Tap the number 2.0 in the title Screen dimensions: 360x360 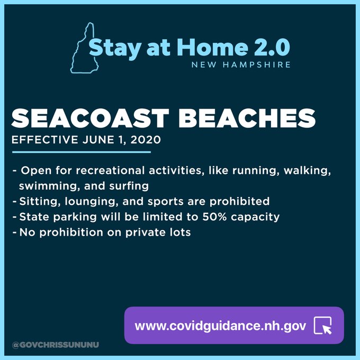[272, 47]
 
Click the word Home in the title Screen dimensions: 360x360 [212, 47]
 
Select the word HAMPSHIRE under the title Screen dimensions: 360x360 [257, 65]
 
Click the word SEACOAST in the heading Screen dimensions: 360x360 [90, 118]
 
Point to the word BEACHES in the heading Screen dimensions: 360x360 [247, 118]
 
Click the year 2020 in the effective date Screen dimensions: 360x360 [146, 140]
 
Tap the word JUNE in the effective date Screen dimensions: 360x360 [98, 140]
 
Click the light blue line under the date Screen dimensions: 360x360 [82, 152]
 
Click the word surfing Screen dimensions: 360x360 [129, 186]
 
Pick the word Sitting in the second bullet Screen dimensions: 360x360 [40, 201]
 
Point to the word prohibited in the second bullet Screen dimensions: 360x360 [239, 201]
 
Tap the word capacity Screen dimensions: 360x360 [255, 217]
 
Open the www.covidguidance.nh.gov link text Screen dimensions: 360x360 [220, 326]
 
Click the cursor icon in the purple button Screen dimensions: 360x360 [323, 326]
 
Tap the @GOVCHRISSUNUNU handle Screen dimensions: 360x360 [56, 345]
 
